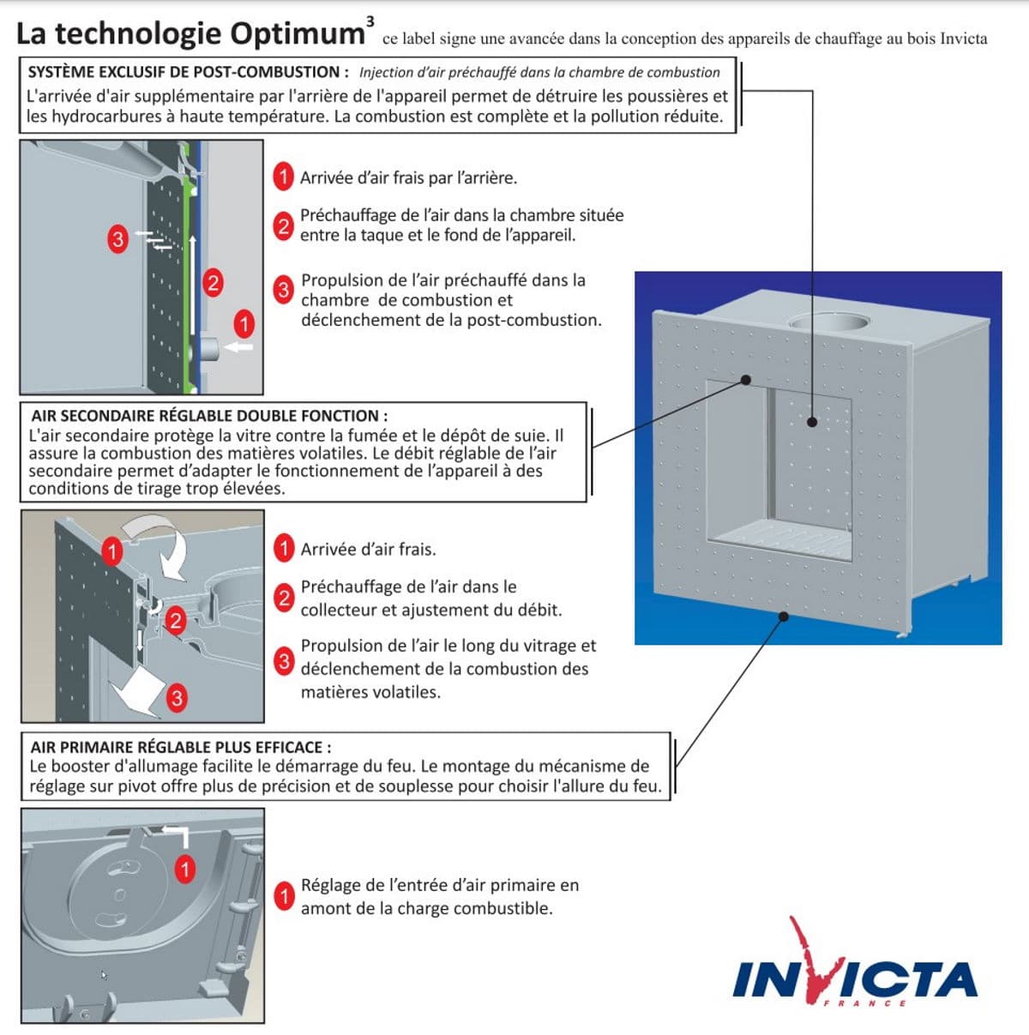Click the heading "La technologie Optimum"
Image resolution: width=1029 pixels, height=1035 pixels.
[190, 33]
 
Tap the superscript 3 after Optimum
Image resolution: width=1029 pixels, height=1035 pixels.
[370, 20]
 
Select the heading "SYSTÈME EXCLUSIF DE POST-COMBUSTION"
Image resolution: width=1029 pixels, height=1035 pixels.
[188, 72]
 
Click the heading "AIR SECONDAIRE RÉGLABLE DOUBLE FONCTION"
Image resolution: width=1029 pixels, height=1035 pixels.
[209, 416]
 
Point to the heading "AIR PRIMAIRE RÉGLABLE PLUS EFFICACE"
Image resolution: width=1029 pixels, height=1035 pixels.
[180, 747]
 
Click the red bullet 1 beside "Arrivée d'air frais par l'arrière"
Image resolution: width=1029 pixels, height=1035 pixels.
[284, 177]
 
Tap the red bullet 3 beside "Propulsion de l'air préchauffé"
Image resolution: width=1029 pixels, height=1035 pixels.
[284, 290]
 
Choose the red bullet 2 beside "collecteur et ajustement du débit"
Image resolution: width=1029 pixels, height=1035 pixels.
[284, 598]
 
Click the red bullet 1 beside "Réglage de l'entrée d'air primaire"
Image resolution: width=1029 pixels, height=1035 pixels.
[284, 896]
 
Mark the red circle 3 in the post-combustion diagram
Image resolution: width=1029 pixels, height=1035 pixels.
[117, 238]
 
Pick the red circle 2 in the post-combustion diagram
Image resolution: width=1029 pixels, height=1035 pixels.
[212, 282]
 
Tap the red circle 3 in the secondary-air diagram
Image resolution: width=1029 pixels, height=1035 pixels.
[176, 698]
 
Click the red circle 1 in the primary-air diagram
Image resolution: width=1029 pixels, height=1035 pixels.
[184, 869]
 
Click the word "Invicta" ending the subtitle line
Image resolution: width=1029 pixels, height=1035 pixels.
[963, 39]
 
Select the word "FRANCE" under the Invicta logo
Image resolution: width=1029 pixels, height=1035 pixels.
[864, 1003]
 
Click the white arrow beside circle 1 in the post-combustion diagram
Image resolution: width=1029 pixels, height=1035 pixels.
[240, 347]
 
